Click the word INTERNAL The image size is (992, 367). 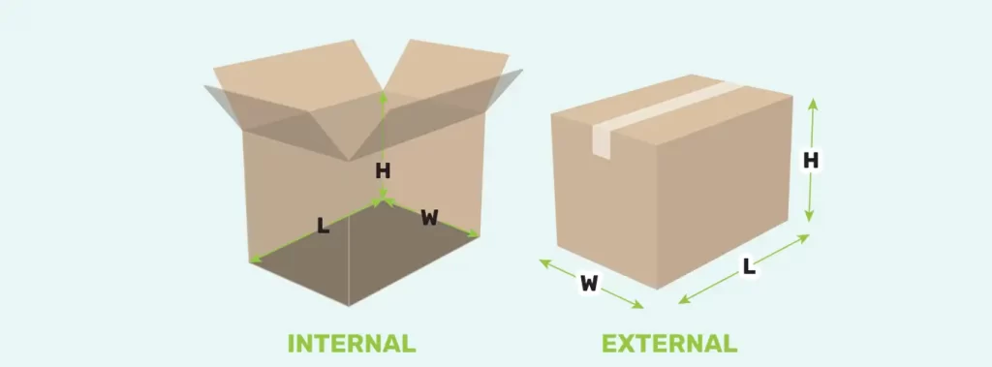pos(352,343)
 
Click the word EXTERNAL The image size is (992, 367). pos(668,343)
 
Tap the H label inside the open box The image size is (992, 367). pos(383,171)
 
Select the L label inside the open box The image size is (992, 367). pos(322,227)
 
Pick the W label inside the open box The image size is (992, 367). pos(428,218)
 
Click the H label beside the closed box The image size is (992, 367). pos(811,161)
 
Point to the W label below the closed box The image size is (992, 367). pos(589,284)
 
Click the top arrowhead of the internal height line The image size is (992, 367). pos(384,94)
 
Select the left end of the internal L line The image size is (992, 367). pos(253,260)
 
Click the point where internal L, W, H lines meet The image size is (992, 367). pos(384,201)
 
